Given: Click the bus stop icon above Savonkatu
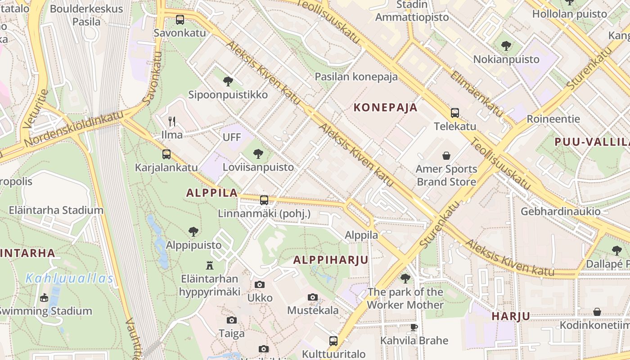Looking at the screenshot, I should click(180, 19).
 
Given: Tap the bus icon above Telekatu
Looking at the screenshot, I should click(455, 112).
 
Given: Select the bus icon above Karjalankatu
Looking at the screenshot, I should click(166, 154).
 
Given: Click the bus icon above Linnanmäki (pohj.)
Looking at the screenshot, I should click(264, 200).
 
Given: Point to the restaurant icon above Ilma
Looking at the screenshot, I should click(171, 121).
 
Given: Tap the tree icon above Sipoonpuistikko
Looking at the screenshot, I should click(228, 81).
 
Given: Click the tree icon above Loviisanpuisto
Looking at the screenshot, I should click(258, 154).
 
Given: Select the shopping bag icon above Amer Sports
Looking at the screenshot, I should click(446, 156).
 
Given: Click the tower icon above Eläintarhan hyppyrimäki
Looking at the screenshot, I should click(209, 265).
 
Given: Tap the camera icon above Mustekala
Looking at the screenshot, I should click(313, 297).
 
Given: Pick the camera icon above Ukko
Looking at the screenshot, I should click(260, 284).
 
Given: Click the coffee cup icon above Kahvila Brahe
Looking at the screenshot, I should click(414, 327).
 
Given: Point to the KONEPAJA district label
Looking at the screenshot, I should click(386, 108).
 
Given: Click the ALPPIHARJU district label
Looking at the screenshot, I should click(331, 260).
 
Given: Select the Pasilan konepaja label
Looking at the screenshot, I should click(356, 76).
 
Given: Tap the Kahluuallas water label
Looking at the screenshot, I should click(69, 279).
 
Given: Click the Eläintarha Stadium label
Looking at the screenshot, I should click(56, 210).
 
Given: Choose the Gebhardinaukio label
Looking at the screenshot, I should click(560, 211).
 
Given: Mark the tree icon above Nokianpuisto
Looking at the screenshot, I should click(506, 46).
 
